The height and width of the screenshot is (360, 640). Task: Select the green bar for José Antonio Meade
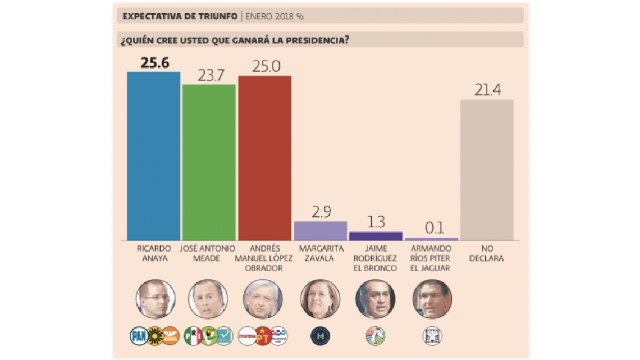click(x=208, y=162)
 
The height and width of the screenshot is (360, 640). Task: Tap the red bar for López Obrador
click(x=264, y=158)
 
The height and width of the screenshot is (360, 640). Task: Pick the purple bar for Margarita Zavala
click(x=320, y=231)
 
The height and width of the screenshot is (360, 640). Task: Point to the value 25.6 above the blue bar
click(x=154, y=62)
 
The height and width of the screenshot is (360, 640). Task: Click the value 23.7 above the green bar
click(x=209, y=75)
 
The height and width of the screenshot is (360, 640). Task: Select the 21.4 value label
click(x=487, y=90)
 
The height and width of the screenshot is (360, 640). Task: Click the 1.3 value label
click(x=376, y=222)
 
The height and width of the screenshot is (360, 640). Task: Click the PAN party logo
click(x=138, y=336)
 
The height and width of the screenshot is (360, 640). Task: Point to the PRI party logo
click(x=193, y=336)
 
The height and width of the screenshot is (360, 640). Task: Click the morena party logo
click(x=247, y=336)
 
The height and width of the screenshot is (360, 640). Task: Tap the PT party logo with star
click(x=263, y=336)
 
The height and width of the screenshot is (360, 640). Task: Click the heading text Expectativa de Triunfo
click(x=180, y=16)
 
